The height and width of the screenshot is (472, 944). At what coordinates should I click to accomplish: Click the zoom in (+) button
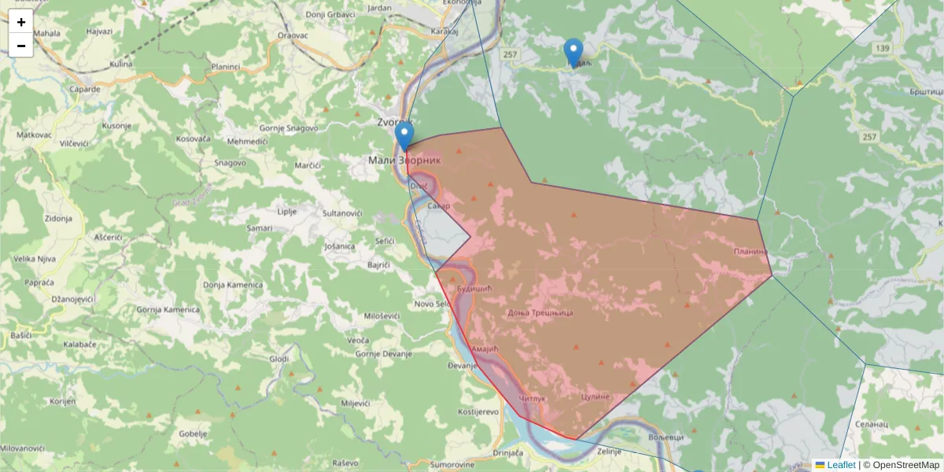tap(21, 22)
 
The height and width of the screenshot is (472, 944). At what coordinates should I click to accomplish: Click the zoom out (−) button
tap(21, 46)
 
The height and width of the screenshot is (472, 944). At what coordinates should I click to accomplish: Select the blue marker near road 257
tap(574, 53)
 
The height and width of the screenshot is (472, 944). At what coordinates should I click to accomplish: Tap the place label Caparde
tap(84, 89)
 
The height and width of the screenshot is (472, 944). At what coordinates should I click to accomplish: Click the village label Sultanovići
tap(342, 213)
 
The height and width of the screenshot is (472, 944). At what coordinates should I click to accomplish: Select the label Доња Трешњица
tap(540, 312)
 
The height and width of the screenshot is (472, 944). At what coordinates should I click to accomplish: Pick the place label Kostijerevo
tap(478, 411)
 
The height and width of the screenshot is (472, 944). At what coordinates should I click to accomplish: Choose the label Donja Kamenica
tap(232, 284)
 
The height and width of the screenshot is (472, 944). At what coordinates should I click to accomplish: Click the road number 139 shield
tap(881, 49)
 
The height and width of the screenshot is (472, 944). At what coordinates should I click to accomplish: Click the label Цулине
tap(595, 396)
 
